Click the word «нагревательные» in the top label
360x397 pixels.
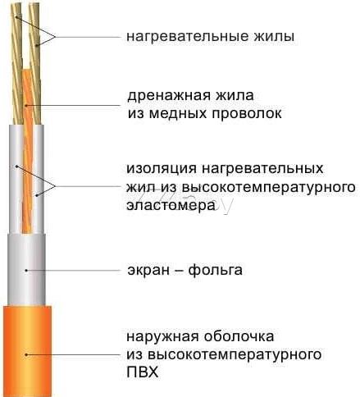(188, 37)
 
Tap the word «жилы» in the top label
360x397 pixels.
(274, 37)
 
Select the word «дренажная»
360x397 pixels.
(169, 96)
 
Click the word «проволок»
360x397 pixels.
(247, 114)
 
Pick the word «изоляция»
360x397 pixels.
(162, 169)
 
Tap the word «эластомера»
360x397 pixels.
(171, 205)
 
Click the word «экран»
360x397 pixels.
(148, 271)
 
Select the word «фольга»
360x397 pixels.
(216, 270)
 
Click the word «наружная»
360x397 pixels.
(163, 336)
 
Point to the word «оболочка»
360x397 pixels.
(239, 336)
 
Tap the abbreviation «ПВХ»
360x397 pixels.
(143, 372)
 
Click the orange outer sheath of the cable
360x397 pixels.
(27, 351)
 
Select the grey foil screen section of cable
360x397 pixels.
(26, 271)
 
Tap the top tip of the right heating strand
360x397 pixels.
(34, 4)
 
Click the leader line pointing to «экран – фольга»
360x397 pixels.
(73, 271)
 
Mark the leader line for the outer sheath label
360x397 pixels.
(73, 354)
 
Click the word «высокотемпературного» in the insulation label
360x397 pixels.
(268, 187)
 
